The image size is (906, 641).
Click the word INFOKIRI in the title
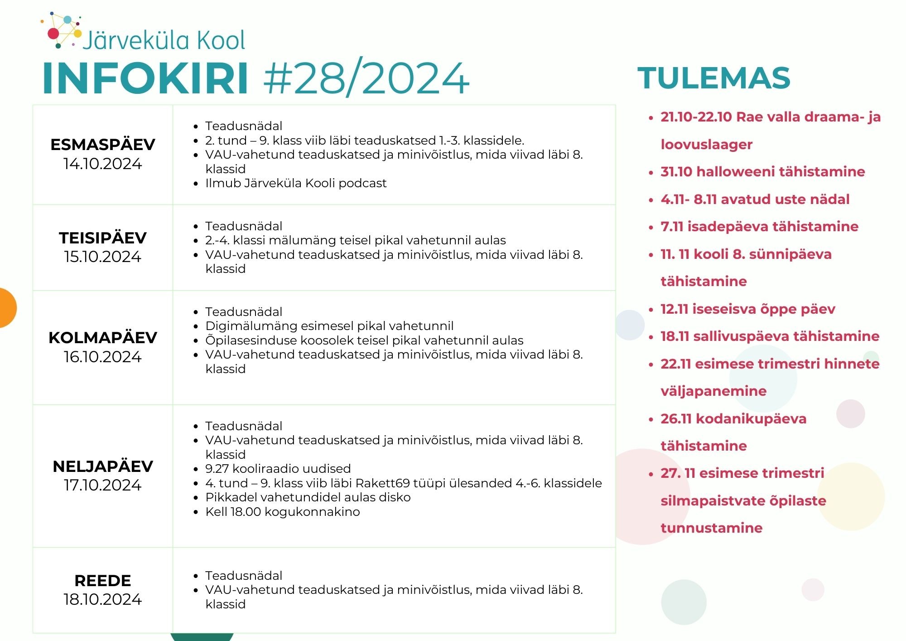[x=145, y=78]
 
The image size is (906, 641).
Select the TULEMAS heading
[x=714, y=78]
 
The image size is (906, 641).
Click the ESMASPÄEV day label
[x=103, y=145]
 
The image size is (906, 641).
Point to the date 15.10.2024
[x=103, y=257]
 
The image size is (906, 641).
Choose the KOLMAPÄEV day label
[x=103, y=338]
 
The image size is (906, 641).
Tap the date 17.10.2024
[x=103, y=485]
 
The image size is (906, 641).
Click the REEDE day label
[x=103, y=581]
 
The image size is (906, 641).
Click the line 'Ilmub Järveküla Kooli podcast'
[x=296, y=183]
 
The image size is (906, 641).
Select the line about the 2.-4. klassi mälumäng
[x=356, y=240]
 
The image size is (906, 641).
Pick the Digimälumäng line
[x=329, y=326]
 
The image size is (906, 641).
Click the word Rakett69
[x=383, y=483]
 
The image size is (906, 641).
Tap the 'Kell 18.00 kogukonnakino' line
[x=283, y=512]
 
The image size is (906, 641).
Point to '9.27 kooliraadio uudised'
[x=278, y=469]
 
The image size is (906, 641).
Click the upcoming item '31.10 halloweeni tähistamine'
[x=763, y=172]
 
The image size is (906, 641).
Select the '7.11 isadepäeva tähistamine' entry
[x=760, y=227]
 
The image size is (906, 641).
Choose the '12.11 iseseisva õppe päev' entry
[x=748, y=309]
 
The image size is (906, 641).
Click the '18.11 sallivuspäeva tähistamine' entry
[x=770, y=336]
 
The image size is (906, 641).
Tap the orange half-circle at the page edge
[x=6, y=308]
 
